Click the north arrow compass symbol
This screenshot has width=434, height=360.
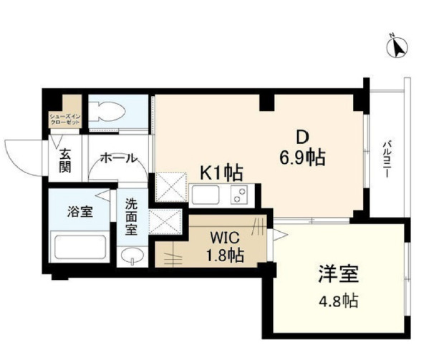396,47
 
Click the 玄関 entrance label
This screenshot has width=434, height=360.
64,160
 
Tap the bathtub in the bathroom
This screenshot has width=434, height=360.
80,248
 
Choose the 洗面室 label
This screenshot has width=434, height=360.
132,216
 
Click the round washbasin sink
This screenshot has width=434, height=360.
131,256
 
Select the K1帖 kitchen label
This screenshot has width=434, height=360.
220,172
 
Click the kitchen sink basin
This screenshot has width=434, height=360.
206,195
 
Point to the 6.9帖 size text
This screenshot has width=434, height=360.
303,158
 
